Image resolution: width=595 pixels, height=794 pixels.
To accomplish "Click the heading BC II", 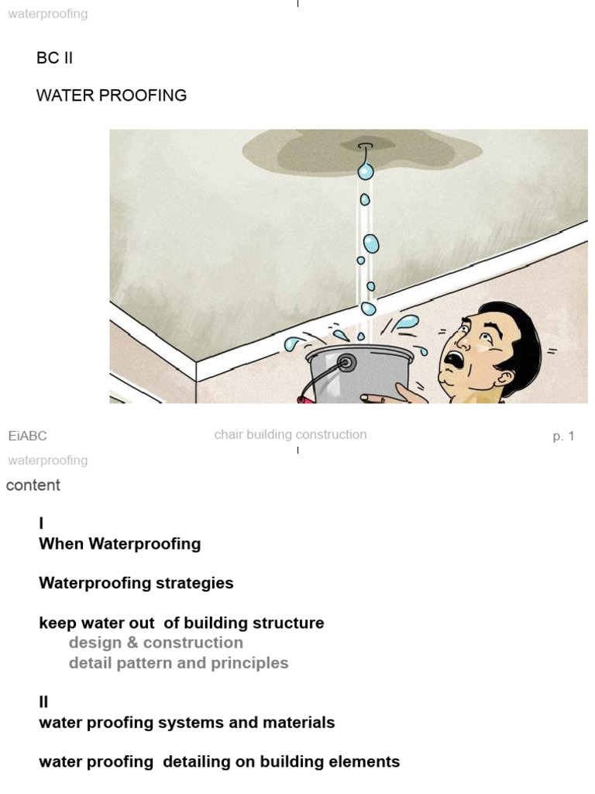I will pyautogui.click(x=54, y=58).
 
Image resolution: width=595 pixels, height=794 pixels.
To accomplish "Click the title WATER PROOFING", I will pyautogui.click(x=112, y=95).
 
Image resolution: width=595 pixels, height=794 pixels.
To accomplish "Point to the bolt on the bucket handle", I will pyautogui.click(x=345, y=362).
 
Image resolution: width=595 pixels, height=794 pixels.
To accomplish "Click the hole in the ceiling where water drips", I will pyautogui.click(x=365, y=146).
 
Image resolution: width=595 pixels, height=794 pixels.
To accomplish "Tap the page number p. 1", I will pyautogui.click(x=563, y=437).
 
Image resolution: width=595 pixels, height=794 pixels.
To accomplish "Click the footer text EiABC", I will pyautogui.click(x=28, y=437).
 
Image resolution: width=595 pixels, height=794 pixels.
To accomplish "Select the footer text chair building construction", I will pyautogui.click(x=291, y=435).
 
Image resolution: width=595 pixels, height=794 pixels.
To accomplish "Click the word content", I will pyautogui.click(x=33, y=485).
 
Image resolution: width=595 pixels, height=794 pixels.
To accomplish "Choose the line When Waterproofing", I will pyautogui.click(x=120, y=544).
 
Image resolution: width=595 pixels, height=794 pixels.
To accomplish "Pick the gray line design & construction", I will pyautogui.click(x=156, y=643).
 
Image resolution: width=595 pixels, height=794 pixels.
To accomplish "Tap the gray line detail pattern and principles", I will pyautogui.click(x=178, y=663).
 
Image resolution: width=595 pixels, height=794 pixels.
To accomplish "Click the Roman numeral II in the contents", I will pyautogui.click(x=43, y=702).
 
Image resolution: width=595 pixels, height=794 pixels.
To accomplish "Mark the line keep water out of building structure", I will pyautogui.click(x=181, y=623).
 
